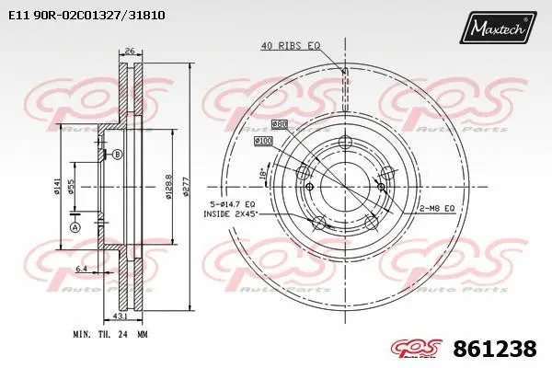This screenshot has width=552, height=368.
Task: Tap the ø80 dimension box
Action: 280,123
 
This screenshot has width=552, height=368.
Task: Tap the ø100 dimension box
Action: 264,140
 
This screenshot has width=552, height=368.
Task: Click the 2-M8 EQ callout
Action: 437,209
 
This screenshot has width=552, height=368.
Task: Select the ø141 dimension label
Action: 57,188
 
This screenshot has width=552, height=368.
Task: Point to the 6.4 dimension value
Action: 83,270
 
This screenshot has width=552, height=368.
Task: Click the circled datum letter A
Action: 75,227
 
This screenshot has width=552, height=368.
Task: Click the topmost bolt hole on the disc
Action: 345,142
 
